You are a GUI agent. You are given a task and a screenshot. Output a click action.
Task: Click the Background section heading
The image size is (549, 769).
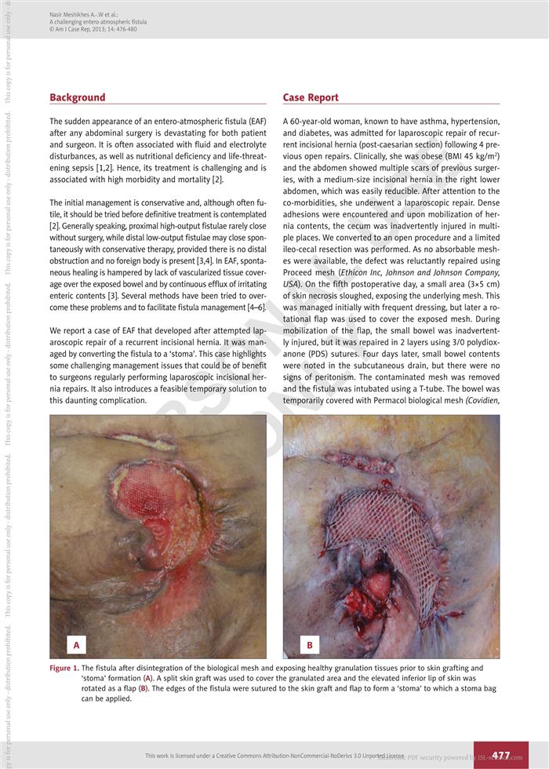point(77,97)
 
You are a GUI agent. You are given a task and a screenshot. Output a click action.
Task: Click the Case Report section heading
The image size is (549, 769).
point(311,97)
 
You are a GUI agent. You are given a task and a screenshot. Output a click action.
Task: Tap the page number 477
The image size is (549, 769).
point(500,756)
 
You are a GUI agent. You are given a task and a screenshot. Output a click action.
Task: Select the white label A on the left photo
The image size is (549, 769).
point(76,645)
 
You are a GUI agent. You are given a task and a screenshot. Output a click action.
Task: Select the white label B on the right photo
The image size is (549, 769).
point(309,645)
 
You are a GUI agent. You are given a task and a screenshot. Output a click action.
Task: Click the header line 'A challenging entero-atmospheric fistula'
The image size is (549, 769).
point(98,23)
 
